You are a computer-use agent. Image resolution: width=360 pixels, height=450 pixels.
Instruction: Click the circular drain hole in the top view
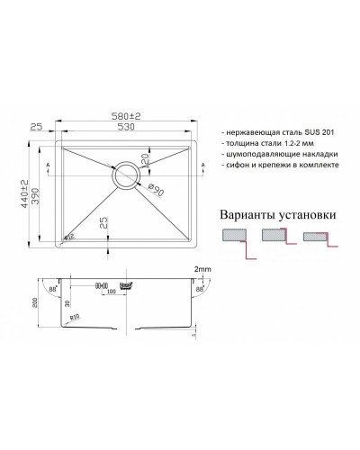125,175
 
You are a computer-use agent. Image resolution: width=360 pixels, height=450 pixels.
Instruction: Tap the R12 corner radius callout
70,237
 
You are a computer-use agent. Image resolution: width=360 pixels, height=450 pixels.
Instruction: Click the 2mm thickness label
202,269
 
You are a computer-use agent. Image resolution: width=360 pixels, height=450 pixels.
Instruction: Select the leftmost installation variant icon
237,239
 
